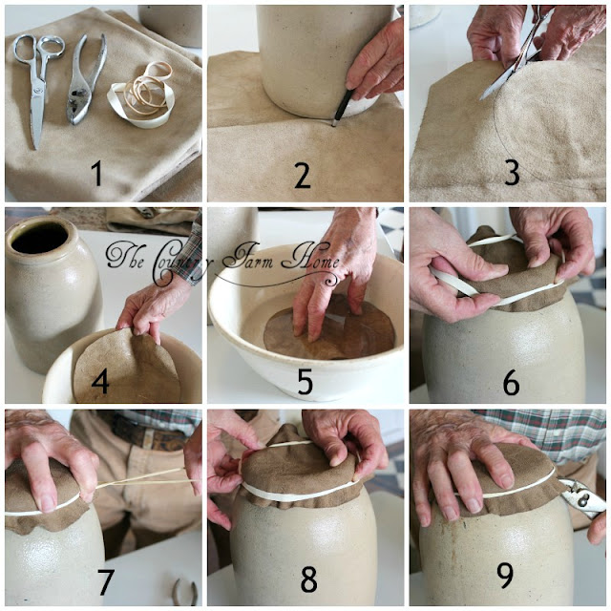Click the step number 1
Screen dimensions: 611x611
tap(96, 174)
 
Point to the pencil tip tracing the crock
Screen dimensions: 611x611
tap(334, 124)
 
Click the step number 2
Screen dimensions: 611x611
tap(302, 176)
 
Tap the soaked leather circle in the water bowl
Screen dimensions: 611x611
tap(328, 330)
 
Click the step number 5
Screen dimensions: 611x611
tap(305, 382)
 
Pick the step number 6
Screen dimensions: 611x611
tap(512, 382)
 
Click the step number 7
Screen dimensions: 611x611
tap(105, 581)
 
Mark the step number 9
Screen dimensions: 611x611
tap(505, 576)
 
